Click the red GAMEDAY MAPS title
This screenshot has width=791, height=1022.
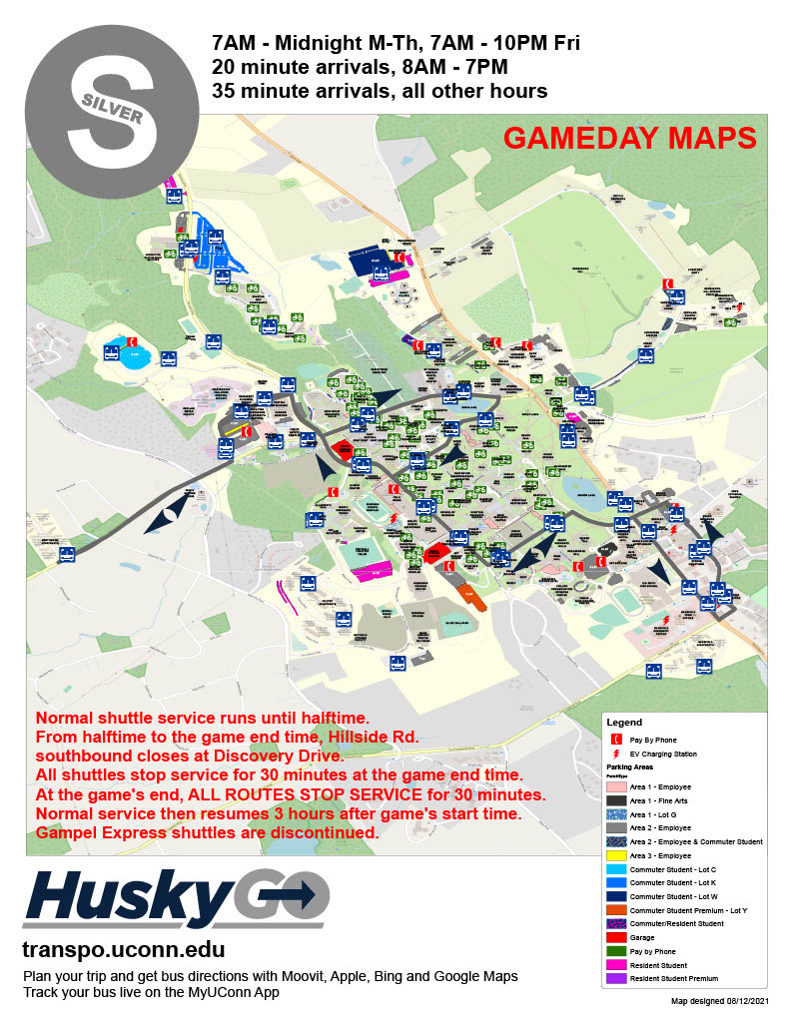(x=629, y=139)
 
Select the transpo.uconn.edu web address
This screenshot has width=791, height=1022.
(x=123, y=949)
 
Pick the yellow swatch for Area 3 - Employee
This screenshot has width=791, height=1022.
(x=619, y=855)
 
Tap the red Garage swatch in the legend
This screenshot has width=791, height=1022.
(x=619, y=938)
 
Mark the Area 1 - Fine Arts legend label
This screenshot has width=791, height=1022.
(x=671, y=800)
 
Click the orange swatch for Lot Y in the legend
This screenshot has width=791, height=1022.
(x=619, y=911)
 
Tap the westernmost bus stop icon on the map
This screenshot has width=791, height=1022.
(x=67, y=555)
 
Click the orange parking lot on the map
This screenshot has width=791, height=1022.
(x=470, y=597)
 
